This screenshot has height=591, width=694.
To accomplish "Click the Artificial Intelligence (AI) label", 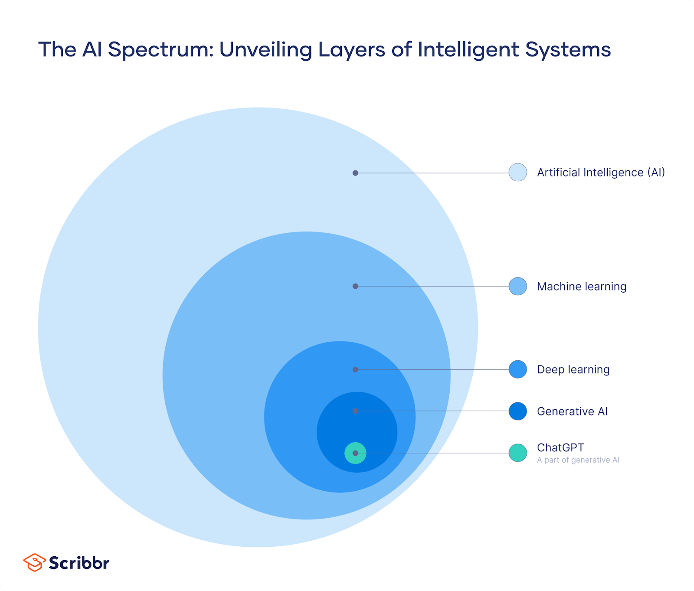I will pos(601,173).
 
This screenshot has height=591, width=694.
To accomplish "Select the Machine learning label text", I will pos(582,287).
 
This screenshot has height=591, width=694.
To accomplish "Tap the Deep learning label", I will pos(573,369).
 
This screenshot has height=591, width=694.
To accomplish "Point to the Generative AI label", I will pos(572,411).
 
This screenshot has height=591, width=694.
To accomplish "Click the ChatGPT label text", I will pos(560,447).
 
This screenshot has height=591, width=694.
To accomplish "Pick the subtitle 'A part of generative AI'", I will pos(578,460).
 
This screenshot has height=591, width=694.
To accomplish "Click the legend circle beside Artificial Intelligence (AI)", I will pos(518,172).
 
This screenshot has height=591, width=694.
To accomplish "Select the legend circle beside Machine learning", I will pos(518,286).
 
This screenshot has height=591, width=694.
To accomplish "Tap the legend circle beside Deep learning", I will pos(518,369).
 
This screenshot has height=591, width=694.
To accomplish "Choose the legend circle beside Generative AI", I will pos(518,411).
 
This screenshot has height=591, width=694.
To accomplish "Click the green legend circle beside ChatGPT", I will pos(518,453).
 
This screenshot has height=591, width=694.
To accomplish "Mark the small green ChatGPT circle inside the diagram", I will pos(355,453).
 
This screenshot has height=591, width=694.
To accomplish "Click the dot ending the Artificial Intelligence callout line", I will pos(355,173).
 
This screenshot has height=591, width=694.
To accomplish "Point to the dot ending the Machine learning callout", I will pos(355,286).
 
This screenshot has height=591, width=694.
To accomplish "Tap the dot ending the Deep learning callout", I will pos(355,370).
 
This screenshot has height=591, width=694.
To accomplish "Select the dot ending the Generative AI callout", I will pos(355,411).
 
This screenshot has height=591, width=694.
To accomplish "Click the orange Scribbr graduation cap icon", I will pos(34,562).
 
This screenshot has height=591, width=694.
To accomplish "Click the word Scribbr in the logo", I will pos(79,563).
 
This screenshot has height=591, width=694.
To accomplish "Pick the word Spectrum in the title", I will pos(160,50).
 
